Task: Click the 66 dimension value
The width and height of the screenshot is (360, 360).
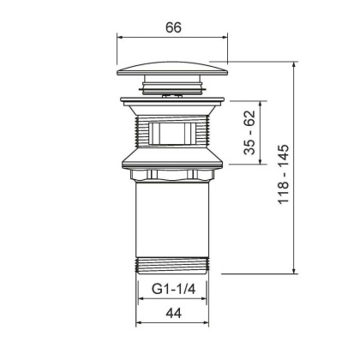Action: tap(174, 27)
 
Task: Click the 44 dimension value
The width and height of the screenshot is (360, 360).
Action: tap(173, 315)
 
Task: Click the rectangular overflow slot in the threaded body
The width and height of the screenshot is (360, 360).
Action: tap(174, 135)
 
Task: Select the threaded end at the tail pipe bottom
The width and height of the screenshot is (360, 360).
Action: tap(174, 263)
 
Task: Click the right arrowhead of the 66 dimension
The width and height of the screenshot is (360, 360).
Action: tap(230, 39)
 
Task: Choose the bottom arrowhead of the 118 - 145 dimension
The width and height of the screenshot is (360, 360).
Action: tap(297, 272)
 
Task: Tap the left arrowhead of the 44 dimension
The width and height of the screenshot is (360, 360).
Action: tap(139, 324)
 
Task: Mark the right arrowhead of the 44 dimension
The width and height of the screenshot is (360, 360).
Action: tap(209, 324)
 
